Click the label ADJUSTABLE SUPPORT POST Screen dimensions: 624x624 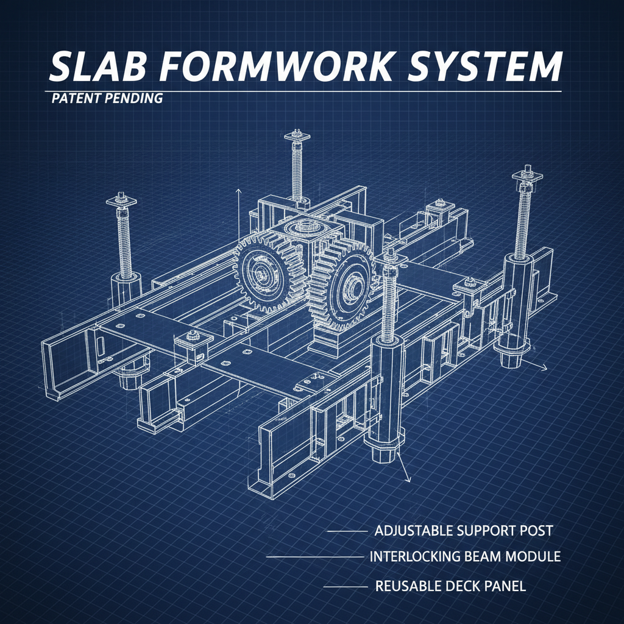[463, 530]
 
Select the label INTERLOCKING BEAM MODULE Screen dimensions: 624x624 [466, 557]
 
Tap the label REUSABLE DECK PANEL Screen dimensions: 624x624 [450, 586]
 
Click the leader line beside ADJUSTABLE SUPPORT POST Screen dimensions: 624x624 [346, 531]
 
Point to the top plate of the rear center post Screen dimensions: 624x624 [297, 134]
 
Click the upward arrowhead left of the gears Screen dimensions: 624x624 [239, 191]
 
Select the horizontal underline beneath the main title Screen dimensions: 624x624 [305, 91]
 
